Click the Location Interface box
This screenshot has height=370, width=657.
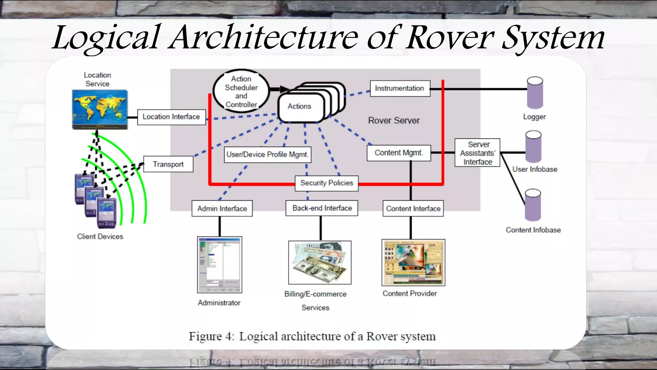[x=171, y=117]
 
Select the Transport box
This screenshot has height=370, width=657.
[x=168, y=164]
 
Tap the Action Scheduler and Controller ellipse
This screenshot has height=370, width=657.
[x=241, y=91]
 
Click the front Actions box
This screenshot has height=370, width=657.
[x=299, y=107]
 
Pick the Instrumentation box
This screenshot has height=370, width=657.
[x=400, y=88]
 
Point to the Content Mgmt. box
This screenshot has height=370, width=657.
[x=398, y=153]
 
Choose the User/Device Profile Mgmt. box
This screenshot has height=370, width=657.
[x=267, y=154]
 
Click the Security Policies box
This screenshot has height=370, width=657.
[x=326, y=183]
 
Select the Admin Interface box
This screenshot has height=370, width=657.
[x=222, y=209]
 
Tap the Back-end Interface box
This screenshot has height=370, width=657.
[x=322, y=208]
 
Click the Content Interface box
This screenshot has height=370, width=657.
[x=413, y=209]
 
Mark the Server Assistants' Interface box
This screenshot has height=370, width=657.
[x=477, y=153]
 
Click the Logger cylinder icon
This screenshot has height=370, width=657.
[x=535, y=93]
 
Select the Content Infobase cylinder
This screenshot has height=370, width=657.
[x=533, y=205]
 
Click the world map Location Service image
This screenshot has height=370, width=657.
[x=100, y=110]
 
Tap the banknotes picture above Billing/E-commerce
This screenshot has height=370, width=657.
[x=320, y=262]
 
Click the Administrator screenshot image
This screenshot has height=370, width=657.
[x=219, y=265]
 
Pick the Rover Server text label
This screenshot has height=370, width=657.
[x=394, y=121]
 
